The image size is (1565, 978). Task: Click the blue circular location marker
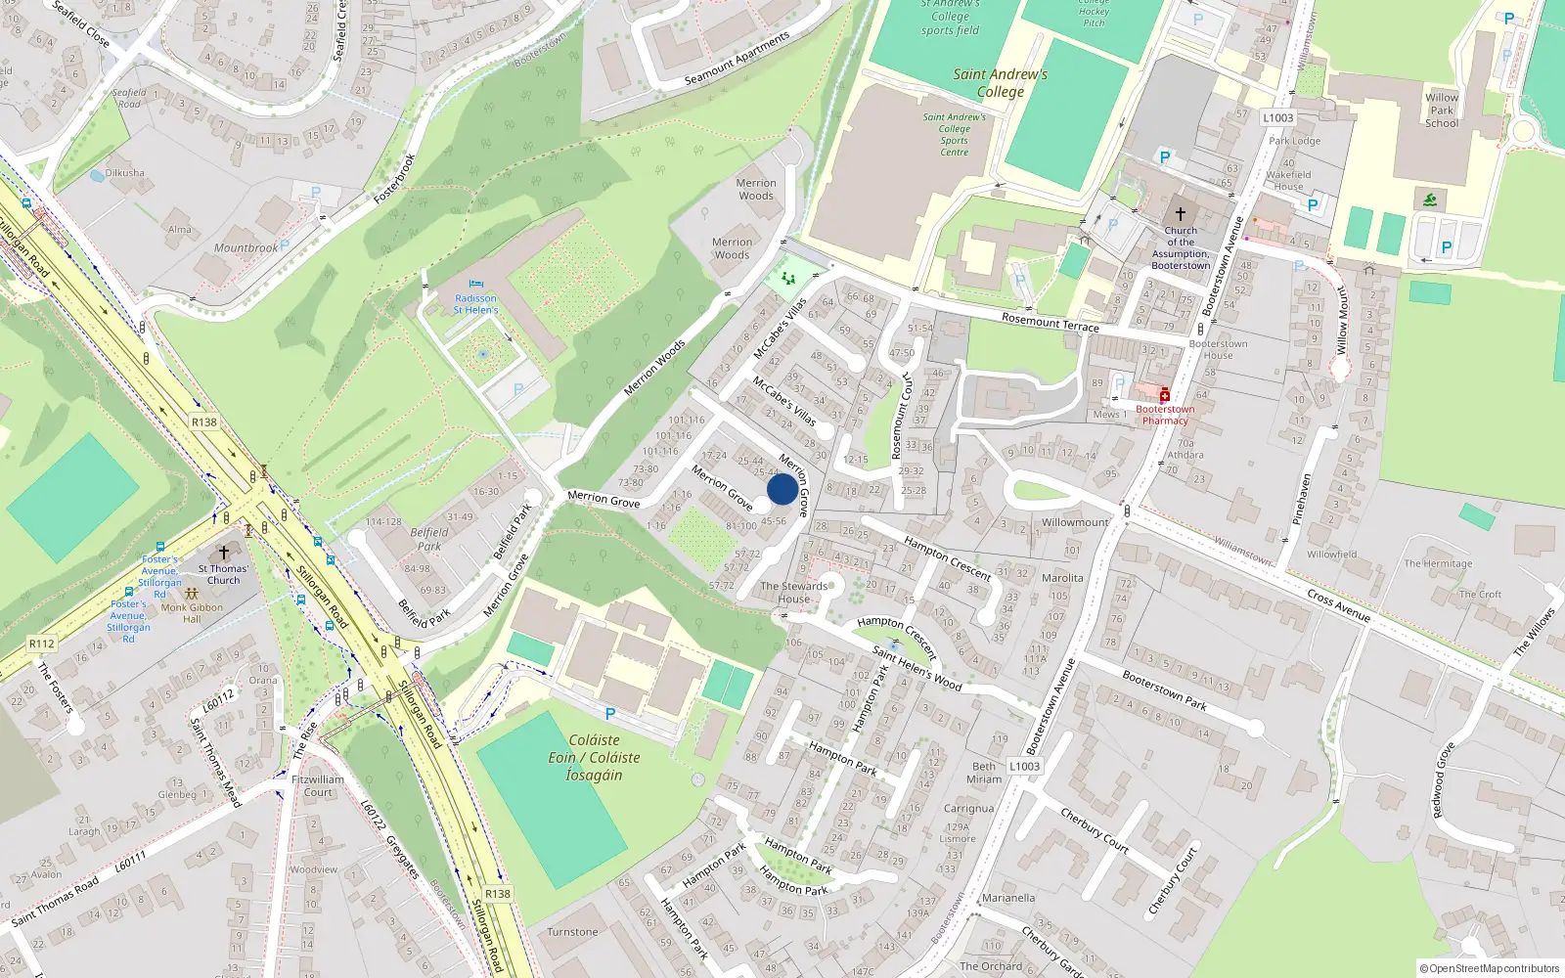(x=782, y=489)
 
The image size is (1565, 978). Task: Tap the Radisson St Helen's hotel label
(x=475, y=304)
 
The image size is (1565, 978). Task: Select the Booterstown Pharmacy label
(x=1165, y=415)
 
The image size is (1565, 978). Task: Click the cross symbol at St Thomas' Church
(x=224, y=553)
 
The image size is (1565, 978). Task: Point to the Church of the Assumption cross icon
(x=1180, y=214)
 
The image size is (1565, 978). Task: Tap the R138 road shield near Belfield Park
(x=203, y=422)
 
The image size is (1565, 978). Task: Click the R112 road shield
(x=41, y=644)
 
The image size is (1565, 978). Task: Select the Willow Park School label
(x=1442, y=111)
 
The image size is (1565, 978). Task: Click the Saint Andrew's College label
(x=1000, y=83)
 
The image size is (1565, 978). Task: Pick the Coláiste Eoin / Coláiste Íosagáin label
(x=594, y=758)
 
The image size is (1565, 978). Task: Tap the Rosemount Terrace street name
(x=1050, y=322)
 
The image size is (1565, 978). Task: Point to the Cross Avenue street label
(x=1338, y=606)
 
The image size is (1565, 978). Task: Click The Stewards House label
(x=793, y=593)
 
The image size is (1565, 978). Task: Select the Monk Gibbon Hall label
(x=192, y=613)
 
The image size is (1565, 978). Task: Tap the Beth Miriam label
(x=984, y=773)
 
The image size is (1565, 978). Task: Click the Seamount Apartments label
(x=737, y=59)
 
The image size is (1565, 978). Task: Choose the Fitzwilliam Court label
(x=318, y=786)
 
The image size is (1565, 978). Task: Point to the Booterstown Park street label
(x=1164, y=690)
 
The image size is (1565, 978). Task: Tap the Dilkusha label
(x=124, y=173)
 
